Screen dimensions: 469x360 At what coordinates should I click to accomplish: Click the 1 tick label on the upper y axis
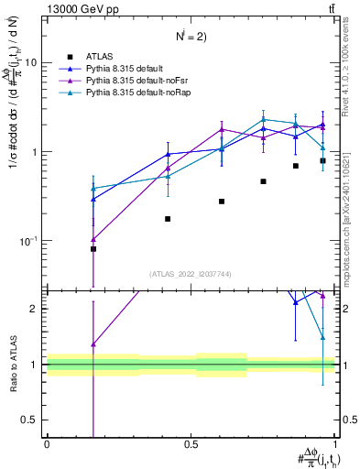[x=34, y=152]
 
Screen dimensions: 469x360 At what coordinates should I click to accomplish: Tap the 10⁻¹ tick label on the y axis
[x=29, y=240]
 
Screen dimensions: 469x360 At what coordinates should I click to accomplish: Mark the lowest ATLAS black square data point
[x=93, y=248]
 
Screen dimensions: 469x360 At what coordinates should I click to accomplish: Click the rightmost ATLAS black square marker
[x=322, y=160]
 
